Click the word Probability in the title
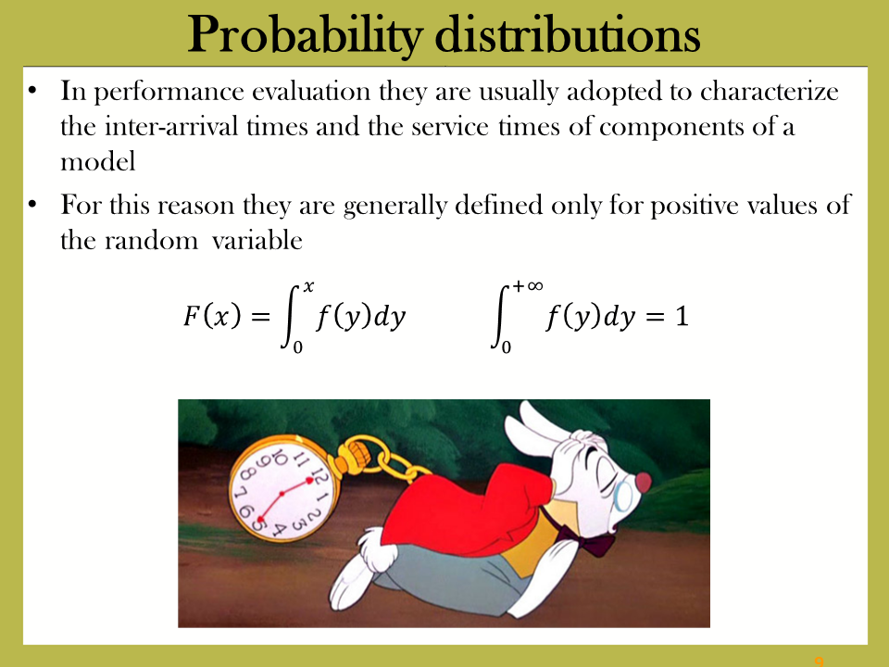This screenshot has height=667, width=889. pyautogui.click(x=305, y=34)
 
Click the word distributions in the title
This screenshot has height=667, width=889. pyautogui.click(x=568, y=34)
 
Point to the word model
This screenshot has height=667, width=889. pyautogui.click(x=98, y=161)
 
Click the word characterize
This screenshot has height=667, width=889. pyautogui.click(x=769, y=91)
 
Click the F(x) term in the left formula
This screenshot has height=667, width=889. pyautogui.click(x=212, y=316)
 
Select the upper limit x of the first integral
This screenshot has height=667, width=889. pyautogui.click(x=308, y=286)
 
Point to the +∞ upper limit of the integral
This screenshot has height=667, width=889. pyautogui.click(x=528, y=285)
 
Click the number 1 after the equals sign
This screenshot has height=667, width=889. pyautogui.click(x=682, y=316)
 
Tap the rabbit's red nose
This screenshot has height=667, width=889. pyautogui.click(x=643, y=482)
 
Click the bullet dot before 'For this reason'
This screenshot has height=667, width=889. pyautogui.click(x=32, y=204)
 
